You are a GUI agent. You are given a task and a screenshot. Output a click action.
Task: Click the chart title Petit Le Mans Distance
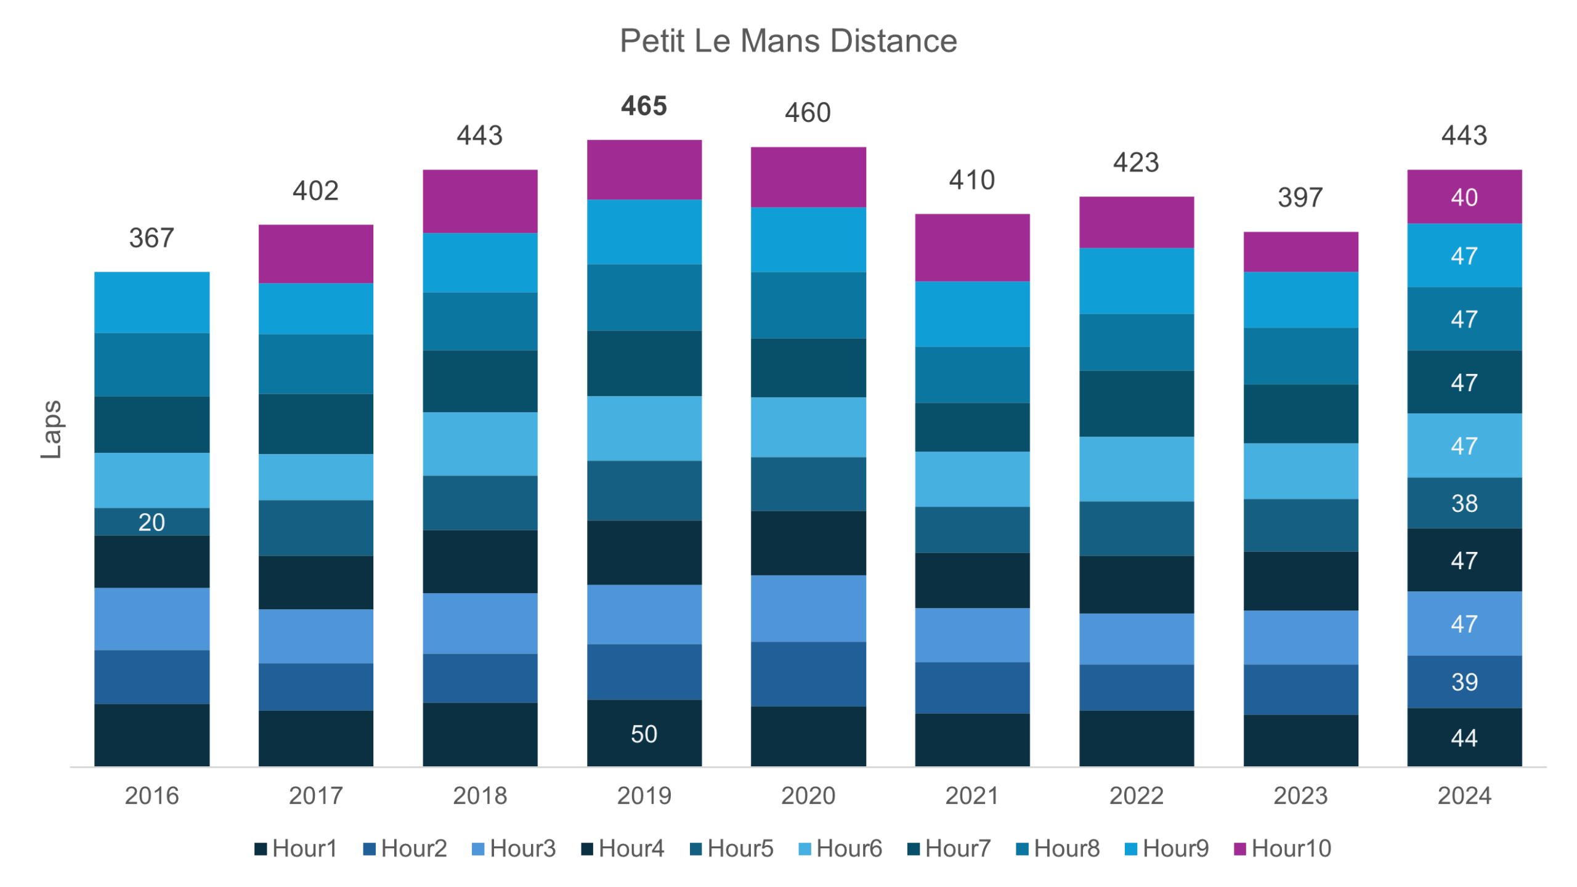click(788, 41)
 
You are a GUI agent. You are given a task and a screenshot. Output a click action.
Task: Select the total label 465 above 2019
click(644, 106)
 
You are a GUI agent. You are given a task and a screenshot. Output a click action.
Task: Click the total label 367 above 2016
click(152, 238)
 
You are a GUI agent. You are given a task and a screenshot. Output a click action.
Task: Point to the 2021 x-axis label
click(971, 795)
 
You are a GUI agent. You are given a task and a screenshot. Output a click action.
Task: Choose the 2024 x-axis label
click(1464, 795)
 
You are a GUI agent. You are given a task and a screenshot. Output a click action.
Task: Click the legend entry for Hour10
click(1283, 848)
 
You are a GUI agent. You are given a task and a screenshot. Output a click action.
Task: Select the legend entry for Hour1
click(296, 848)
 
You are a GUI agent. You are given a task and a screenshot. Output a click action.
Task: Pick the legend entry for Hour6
click(840, 848)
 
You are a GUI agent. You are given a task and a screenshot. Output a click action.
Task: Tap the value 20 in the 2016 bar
click(152, 522)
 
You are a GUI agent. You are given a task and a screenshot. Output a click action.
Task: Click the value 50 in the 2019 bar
click(644, 734)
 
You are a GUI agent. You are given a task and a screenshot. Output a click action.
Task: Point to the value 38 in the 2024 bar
click(1464, 503)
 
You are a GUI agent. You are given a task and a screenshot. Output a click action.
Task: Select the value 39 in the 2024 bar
click(1464, 682)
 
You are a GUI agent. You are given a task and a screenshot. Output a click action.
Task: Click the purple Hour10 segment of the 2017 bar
click(315, 254)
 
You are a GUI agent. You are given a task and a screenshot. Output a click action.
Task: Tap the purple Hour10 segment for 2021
click(971, 248)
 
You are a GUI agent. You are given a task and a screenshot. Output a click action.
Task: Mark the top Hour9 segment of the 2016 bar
click(152, 302)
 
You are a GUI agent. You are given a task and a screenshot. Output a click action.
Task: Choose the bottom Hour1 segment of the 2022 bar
click(1136, 739)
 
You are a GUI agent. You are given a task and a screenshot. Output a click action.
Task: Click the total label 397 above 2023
click(1300, 198)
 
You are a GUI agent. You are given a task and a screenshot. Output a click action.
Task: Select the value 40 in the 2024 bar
click(1464, 197)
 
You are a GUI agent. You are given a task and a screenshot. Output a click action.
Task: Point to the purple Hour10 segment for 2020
click(808, 177)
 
